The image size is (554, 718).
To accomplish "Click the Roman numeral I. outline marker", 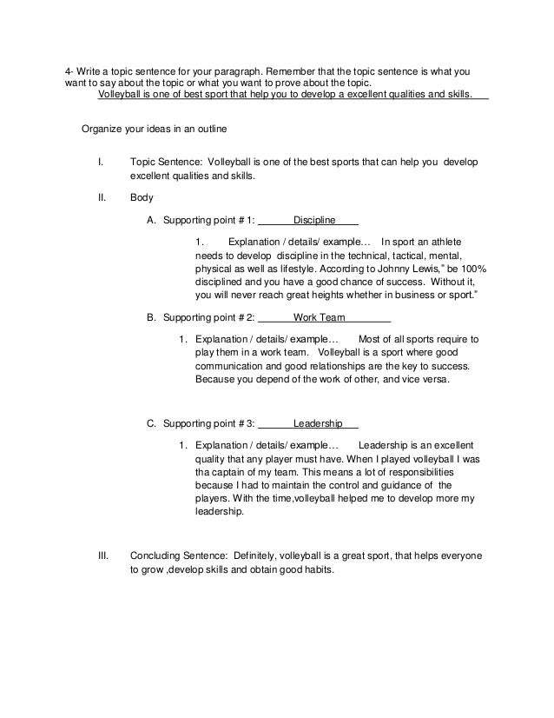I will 101,162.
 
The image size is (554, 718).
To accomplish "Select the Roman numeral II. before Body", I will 101,196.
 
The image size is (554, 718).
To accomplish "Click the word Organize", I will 103,130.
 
